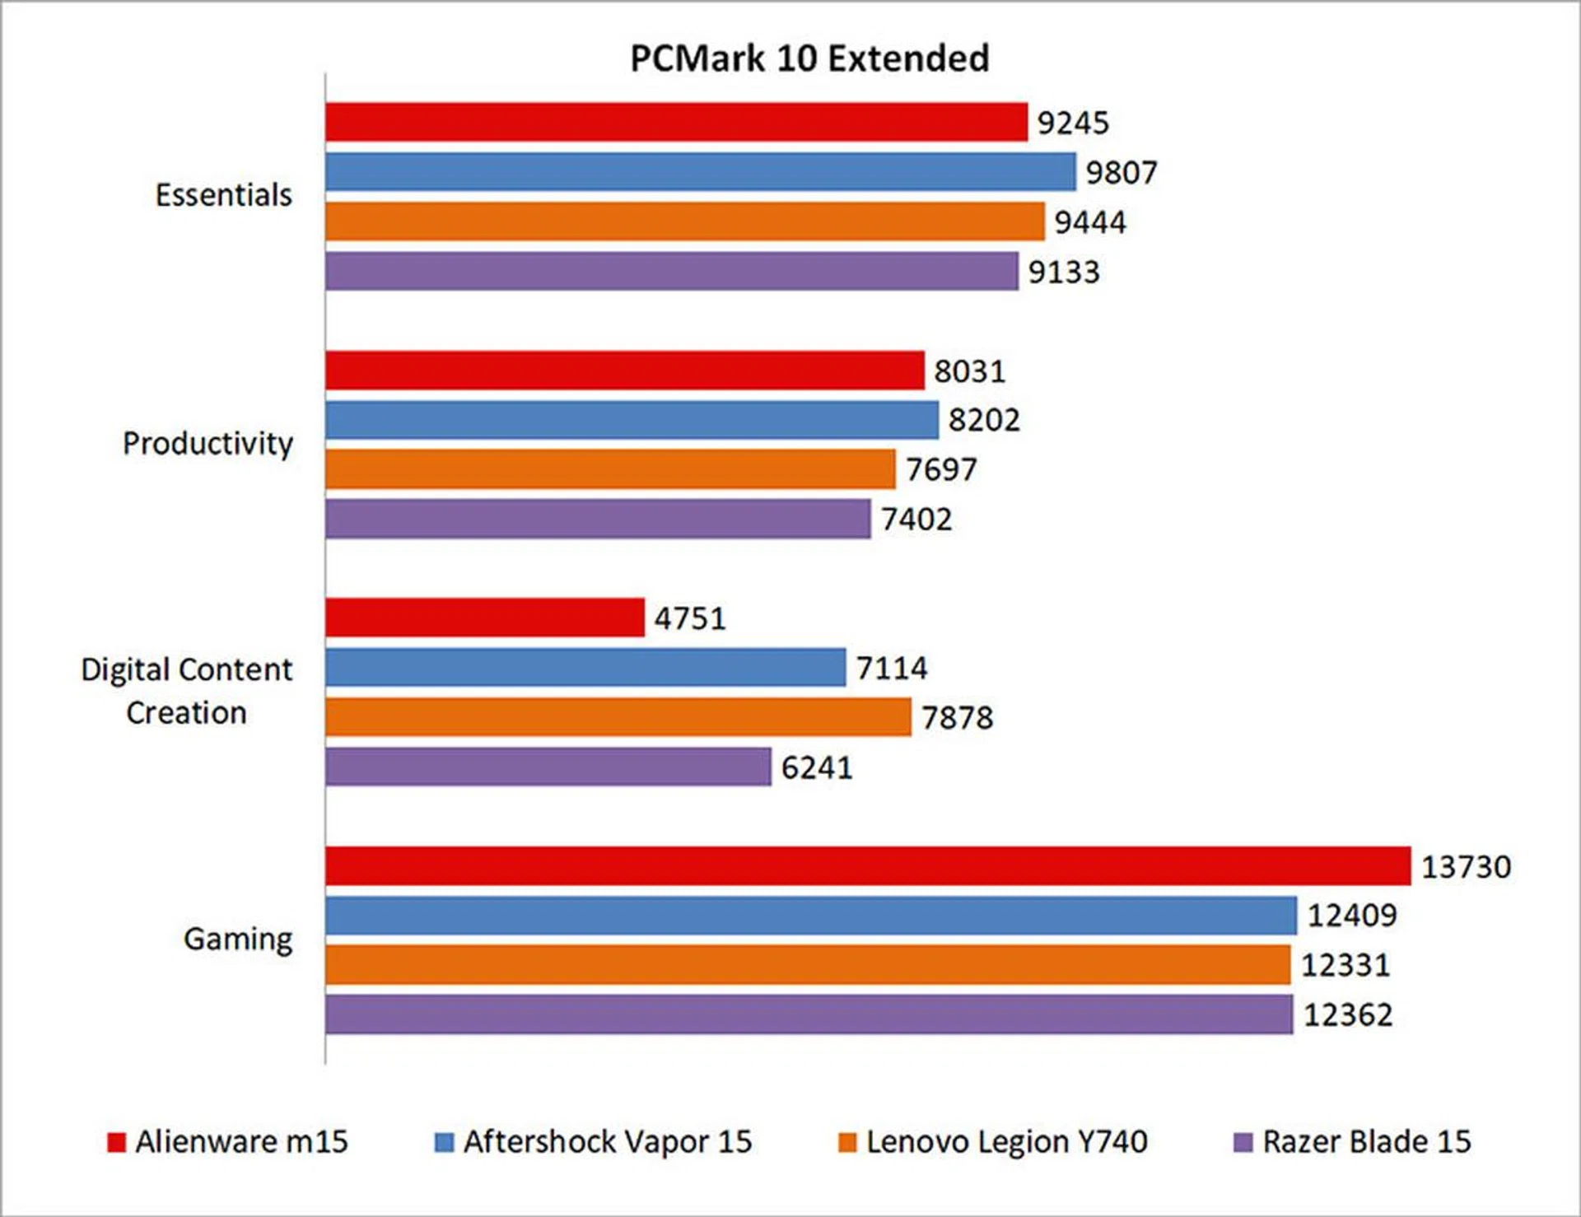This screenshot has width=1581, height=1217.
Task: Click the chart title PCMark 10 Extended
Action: click(x=809, y=58)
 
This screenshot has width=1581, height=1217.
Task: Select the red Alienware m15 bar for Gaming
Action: click(x=867, y=865)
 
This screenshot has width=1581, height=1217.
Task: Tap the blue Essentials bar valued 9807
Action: click(x=700, y=172)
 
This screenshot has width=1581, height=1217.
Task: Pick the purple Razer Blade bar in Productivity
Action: click(x=598, y=519)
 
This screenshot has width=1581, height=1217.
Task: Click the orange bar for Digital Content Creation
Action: click(x=618, y=717)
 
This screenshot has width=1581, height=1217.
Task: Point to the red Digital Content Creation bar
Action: click(x=484, y=618)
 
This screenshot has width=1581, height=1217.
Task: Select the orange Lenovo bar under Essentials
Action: click(x=684, y=221)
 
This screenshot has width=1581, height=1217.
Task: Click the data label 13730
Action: click(x=1466, y=867)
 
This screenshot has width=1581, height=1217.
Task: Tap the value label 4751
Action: click(x=690, y=618)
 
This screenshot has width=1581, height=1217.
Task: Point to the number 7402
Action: click(x=916, y=520)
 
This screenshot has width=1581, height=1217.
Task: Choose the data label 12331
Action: click(x=1345, y=965)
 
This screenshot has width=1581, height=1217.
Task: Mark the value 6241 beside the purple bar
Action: click(x=816, y=767)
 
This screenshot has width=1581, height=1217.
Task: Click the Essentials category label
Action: click(x=223, y=195)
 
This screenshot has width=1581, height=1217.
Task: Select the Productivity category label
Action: click(x=208, y=444)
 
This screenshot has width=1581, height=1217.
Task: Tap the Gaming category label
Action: click(x=238, y=939)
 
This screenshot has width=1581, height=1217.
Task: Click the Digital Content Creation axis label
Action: click(x=186, y=691)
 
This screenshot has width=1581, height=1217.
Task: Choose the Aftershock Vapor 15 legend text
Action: click(x=608, y=1142)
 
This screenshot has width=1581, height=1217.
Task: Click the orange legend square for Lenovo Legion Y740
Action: click(x=847, y=1143)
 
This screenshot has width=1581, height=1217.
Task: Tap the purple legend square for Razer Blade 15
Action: click(x=1243, y=1143)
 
